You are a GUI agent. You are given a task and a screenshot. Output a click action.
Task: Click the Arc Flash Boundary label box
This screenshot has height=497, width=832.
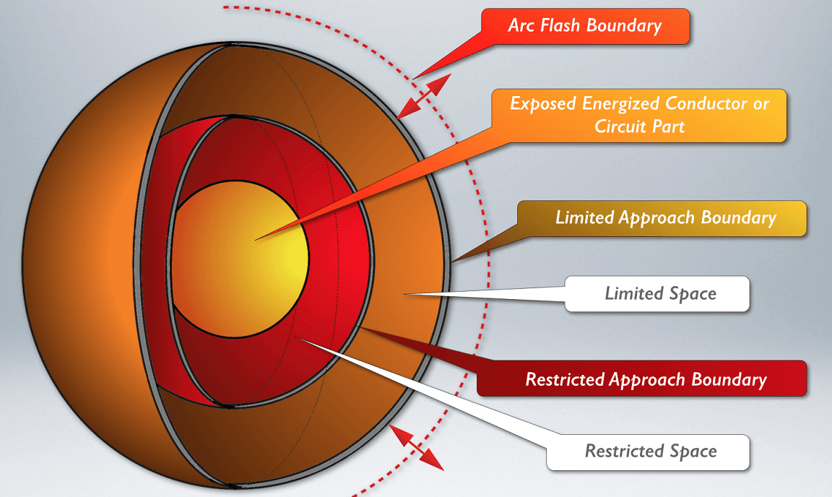585,26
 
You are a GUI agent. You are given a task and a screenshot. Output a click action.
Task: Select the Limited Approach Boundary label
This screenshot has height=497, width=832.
664,218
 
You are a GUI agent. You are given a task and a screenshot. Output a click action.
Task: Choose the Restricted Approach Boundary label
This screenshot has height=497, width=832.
645,379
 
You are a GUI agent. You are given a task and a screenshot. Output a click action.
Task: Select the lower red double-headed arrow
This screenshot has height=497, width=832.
417,448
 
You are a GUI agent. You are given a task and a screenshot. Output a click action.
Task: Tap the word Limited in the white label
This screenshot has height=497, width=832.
633,293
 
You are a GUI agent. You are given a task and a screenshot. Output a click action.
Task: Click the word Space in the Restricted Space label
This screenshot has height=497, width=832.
693,451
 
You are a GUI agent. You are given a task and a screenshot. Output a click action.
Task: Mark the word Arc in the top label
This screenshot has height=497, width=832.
521,26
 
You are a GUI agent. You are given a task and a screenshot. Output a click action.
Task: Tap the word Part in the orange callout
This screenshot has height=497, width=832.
668,126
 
